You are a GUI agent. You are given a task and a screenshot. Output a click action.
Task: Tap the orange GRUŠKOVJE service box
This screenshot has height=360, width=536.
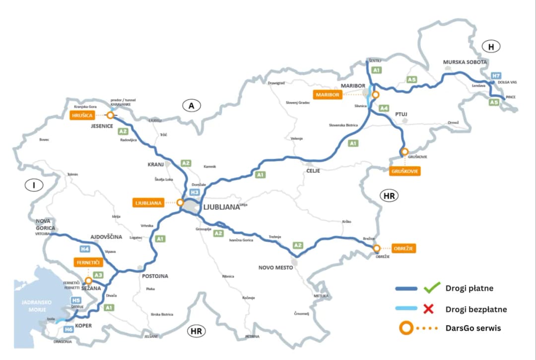pos(405,171)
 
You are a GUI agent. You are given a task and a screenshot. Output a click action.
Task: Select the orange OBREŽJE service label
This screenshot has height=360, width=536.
pos(403,248)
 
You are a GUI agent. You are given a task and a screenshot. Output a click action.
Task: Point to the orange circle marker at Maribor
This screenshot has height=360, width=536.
pos(375,94)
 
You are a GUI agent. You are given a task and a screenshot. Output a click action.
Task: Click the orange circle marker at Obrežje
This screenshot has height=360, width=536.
pos(377,248)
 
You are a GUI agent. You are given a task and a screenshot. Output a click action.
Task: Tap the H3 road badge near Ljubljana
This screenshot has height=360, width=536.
pos(195,192)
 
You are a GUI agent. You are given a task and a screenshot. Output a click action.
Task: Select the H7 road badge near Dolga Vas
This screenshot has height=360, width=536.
pos(495,75)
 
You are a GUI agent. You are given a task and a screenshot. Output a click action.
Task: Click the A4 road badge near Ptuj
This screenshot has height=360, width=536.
pos(384,108)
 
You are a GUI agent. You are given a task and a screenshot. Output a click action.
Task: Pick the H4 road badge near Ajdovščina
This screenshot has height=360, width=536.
pos(85,249)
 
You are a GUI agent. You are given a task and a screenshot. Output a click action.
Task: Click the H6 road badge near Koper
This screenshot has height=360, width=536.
pos(68,329)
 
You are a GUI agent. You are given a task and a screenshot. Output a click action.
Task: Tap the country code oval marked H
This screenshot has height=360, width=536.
pos(491,47)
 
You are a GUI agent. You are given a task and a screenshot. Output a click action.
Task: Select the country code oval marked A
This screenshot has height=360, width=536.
pos(192,105)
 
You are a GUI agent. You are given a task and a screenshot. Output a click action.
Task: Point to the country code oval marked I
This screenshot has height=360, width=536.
pos(34,185)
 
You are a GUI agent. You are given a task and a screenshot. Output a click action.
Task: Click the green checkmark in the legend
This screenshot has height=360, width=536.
pos(432,288)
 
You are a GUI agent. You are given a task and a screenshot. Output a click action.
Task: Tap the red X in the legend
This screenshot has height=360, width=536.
pos(429,309)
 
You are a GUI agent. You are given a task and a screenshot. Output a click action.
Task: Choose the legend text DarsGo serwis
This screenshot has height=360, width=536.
pos(472,328)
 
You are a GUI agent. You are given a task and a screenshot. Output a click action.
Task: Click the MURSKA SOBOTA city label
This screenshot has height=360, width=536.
pos(465,62)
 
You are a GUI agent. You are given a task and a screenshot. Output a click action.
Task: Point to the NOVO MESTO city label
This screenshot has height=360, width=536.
pos(276,268)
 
